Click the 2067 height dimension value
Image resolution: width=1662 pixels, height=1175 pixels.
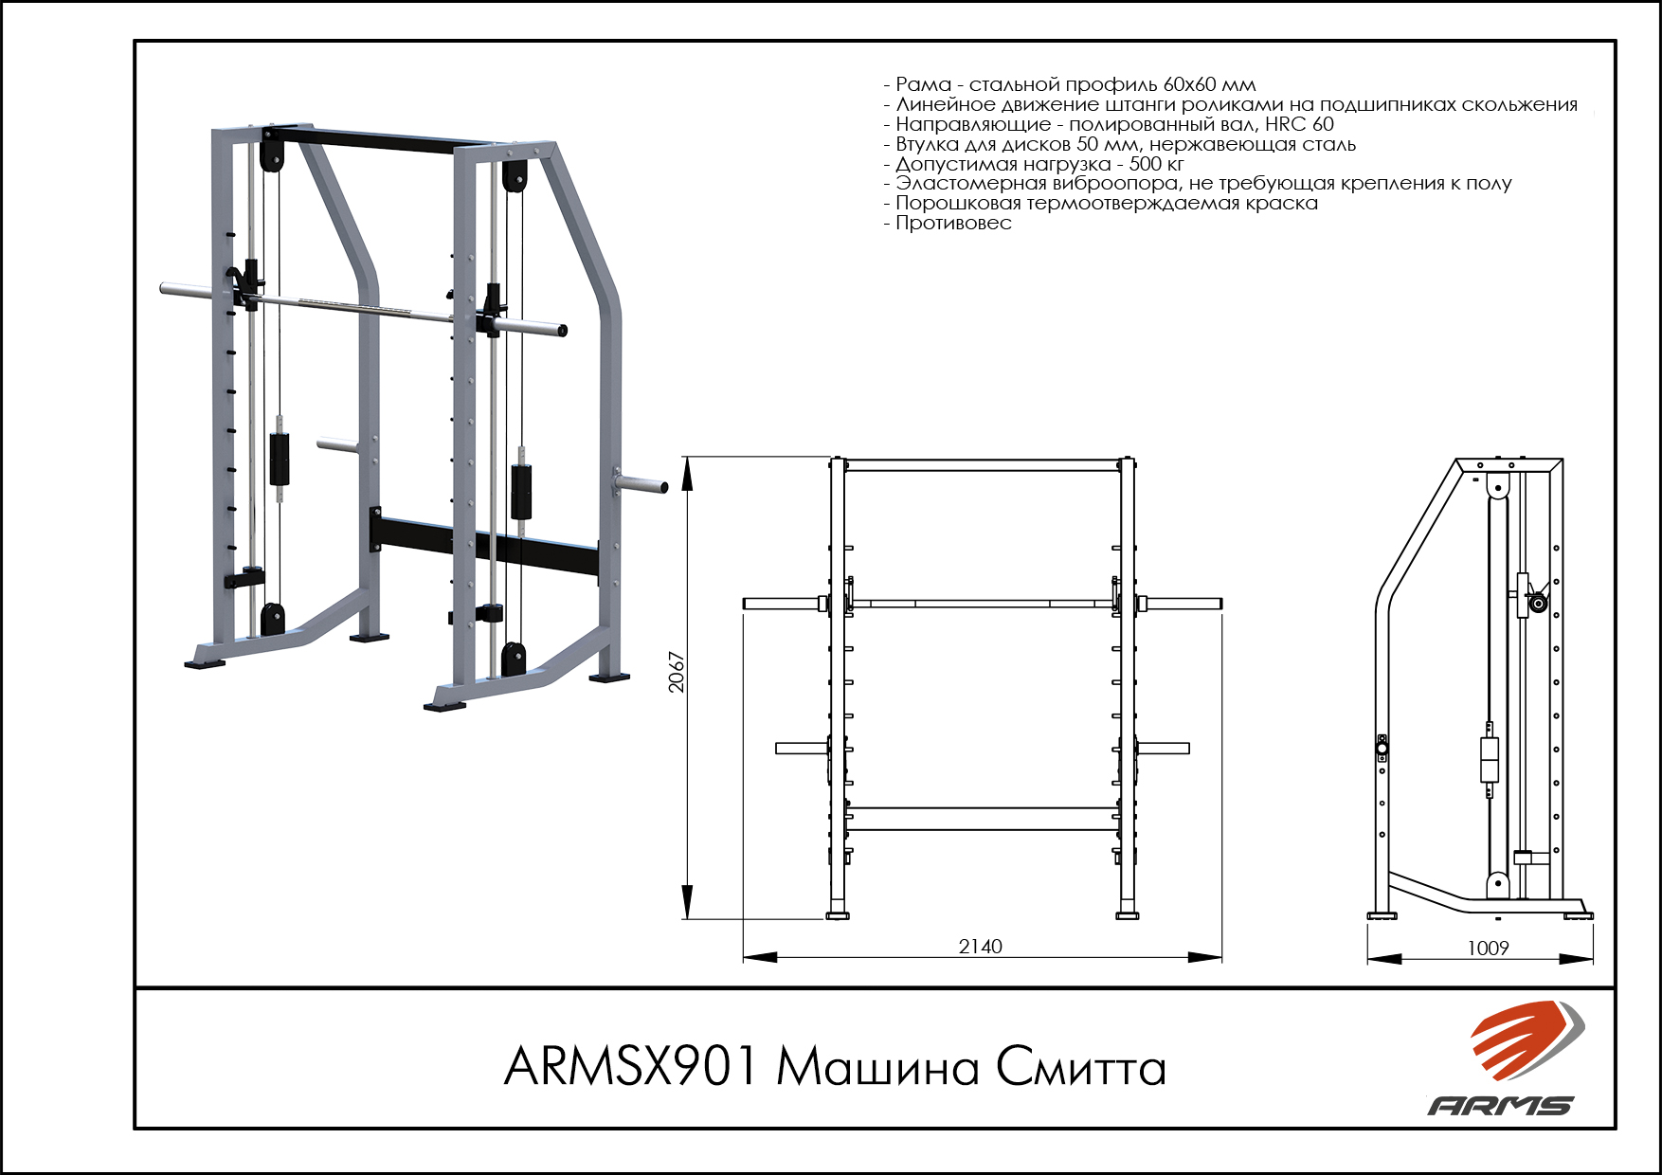677,672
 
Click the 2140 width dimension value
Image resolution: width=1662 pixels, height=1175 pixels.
980,947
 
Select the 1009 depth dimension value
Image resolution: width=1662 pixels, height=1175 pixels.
1488,949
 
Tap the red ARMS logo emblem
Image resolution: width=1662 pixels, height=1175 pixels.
1526,1039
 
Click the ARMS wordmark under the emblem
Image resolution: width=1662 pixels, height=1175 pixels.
1501,1105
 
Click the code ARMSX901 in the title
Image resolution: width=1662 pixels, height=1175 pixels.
631,1067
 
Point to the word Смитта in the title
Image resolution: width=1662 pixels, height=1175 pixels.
1080,1068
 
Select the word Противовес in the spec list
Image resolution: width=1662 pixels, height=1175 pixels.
953,224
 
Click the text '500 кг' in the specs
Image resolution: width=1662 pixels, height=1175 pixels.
1156,164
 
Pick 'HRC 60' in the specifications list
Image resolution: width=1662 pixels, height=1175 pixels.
1299,124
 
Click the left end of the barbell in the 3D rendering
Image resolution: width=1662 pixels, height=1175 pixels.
164,288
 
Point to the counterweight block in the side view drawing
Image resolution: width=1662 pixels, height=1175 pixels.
1490,759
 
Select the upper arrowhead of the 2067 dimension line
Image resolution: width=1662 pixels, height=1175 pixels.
687,473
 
